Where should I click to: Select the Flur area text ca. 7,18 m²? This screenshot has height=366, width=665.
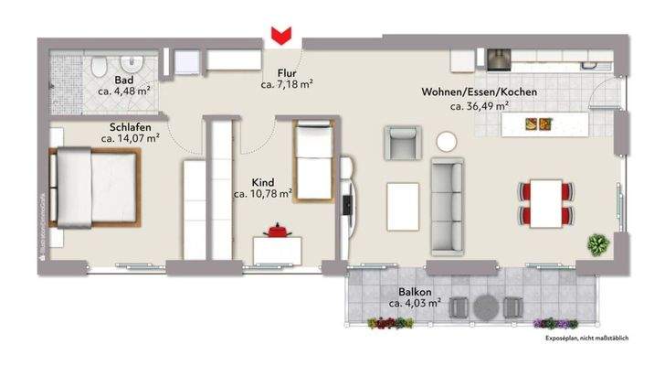point(288,85)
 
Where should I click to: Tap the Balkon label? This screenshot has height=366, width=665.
point(415,290)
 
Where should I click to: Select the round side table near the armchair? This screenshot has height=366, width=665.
point(447,142)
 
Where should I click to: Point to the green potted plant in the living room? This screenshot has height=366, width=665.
point(598,244)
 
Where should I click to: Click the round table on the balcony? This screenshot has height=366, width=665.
point(488,307)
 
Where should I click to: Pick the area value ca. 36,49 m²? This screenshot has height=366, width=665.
point(479,105)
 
